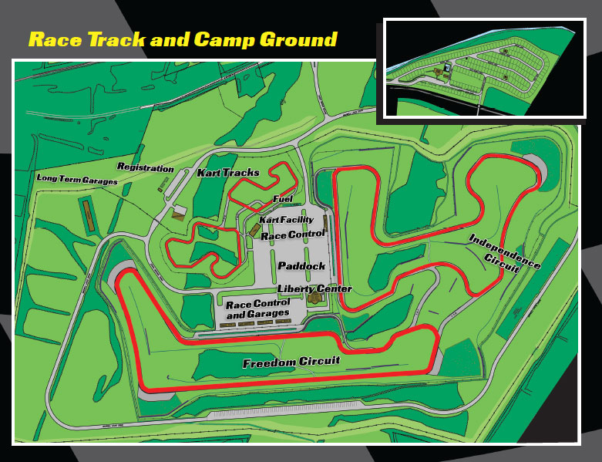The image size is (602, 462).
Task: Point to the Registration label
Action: [x=145, y=167]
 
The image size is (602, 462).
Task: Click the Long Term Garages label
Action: [x=77, y=180]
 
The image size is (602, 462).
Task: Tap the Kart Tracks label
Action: [x=229, y=173]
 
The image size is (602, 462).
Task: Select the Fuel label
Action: [x=283, y=199]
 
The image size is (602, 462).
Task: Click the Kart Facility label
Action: [x=285, y=221]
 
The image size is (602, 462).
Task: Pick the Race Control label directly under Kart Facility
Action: [x=292, y=235]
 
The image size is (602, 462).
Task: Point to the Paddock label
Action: [x=301, y=266]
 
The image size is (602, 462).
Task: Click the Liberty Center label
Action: [x=314, y=288]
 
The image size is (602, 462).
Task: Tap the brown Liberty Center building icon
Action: [x=315, y=297]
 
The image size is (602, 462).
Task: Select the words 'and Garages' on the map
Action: [x=257, y=314]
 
